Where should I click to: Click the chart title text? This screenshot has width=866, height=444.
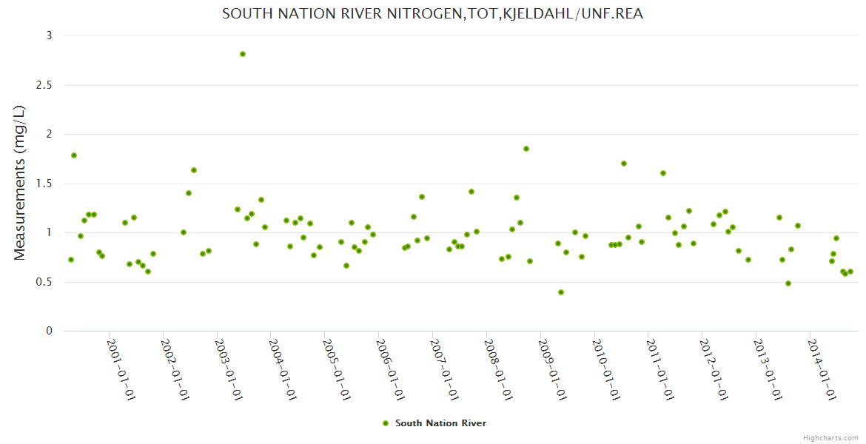pos(432,14)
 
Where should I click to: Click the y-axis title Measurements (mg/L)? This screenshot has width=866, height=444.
pos(20,183)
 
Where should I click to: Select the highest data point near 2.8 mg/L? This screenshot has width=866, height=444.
pos(243,54)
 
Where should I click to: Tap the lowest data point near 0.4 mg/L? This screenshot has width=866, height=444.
pos(561,292)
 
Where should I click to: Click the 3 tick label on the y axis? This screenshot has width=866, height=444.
pos(49,36)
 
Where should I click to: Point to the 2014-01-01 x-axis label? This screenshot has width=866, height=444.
pos(822,370)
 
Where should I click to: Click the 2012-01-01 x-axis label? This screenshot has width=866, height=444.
pos(714,370)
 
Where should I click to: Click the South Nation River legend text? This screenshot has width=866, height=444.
pos(440,423)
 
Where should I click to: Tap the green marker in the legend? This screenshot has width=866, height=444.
pos(385,423)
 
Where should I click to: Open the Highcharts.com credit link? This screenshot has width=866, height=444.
pos(830,437)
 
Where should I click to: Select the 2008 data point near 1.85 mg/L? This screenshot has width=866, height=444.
pos(526,149)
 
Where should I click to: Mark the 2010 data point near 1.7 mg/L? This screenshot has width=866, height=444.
pos(624,164)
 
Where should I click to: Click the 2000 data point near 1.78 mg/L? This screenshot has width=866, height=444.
pos(74,155)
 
